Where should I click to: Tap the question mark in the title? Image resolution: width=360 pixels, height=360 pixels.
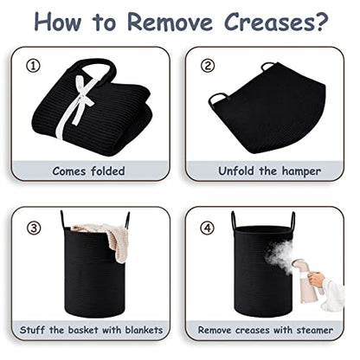coord(320,22)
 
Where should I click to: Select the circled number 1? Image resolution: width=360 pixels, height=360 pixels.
coord(33,67)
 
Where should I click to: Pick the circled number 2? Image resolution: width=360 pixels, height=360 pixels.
coord(208,66)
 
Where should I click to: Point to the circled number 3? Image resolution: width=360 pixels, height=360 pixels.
coord(34,228)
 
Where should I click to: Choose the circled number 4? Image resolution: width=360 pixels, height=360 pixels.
coord(208,228)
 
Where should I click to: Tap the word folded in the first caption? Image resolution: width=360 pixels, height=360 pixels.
coord(108,171)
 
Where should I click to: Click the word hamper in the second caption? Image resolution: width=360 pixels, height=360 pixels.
coord(301,171)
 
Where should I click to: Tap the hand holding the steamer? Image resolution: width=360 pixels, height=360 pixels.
coord(316,280)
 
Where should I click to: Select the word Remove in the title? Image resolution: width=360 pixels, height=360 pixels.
coord(170,22)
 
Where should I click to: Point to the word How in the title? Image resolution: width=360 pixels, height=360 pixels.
coord(58,22)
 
